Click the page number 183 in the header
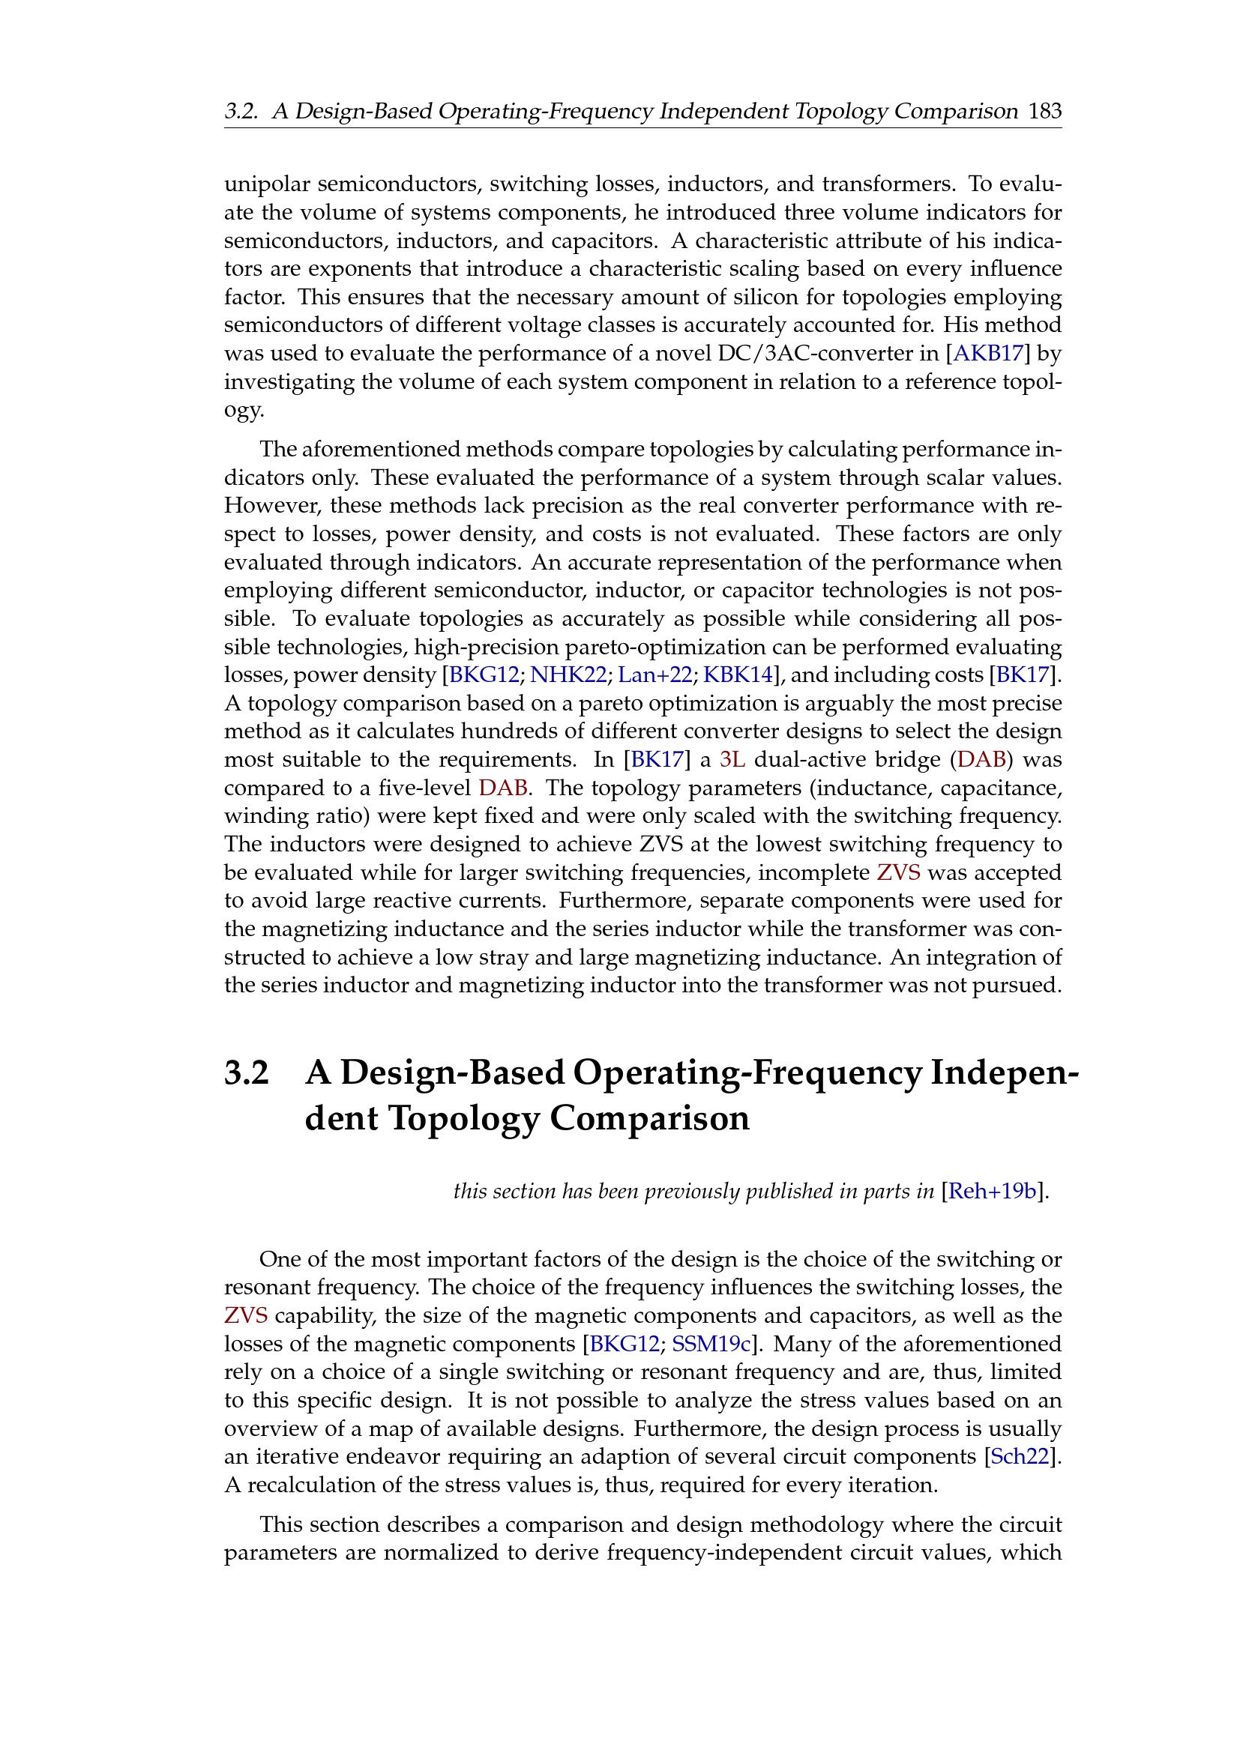click(x=1044, y=112)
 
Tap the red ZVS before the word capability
click(x=246, y=1315)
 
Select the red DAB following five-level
click(x=502, y=788)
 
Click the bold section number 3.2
click(x=247, y=1072)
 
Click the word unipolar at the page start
click(x=266, y=185)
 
